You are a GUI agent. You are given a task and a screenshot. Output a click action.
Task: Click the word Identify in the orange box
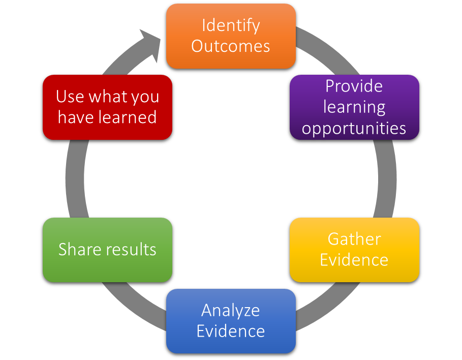[x=231, y=25]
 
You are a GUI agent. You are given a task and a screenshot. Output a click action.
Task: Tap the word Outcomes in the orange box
[x=231, y=46]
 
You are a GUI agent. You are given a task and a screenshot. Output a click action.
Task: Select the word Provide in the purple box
[x=354, y=86]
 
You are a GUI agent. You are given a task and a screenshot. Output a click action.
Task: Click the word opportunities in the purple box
[x=354, y=128]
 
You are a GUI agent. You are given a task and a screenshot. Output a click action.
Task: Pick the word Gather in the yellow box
[x=354, y=239]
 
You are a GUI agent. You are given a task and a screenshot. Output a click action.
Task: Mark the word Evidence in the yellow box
[x=354, y=260]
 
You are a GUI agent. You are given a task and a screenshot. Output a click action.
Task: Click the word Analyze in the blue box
[x=231, y=310]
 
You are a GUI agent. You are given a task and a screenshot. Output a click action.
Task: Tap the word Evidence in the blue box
[x=231, y=331]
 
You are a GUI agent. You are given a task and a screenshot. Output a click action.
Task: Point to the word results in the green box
[x=131, y=249]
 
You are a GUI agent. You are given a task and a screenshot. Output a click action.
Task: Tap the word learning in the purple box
[x=354, y=107]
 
